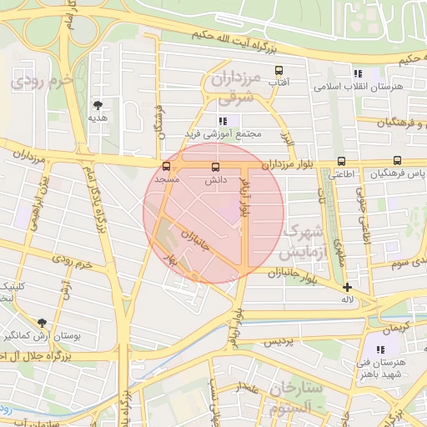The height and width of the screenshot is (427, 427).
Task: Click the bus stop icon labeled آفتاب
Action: pos(279,71)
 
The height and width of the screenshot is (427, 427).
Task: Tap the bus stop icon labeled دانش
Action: pos(216,167)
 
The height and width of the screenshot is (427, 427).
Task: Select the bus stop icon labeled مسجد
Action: pos(166,167)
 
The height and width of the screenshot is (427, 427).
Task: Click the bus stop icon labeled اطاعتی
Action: pos(340,162)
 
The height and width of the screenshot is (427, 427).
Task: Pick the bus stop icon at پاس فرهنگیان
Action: pos(397,161)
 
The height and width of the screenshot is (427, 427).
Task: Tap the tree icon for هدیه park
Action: pos(98,105)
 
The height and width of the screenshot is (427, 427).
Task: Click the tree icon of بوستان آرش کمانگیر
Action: pos(42,323)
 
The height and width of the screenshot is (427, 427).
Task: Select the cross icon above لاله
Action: pos(347,287)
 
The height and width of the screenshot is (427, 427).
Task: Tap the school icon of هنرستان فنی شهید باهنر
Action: pos(381,350)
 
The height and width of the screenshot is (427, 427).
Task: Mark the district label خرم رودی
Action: pos(45,83)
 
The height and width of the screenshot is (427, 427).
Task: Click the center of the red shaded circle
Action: pos(213,213)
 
